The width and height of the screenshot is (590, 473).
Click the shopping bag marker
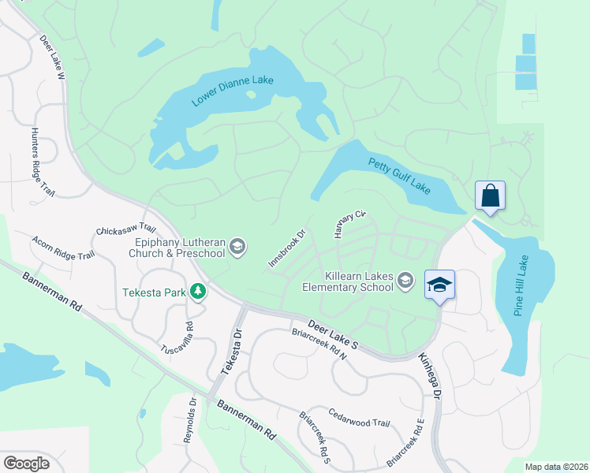click(x=490, y=196)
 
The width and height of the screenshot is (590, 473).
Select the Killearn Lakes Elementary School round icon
click(x=405, y=281)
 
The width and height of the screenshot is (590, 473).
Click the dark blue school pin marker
click(x=439, y=285)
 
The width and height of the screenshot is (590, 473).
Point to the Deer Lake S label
click(x=333, y=333)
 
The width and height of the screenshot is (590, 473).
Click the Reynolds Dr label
click(x=189, y=420)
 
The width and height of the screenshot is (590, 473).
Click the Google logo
click(x=26, y=464)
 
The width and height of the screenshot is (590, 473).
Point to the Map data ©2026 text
click(x=555, y=467)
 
